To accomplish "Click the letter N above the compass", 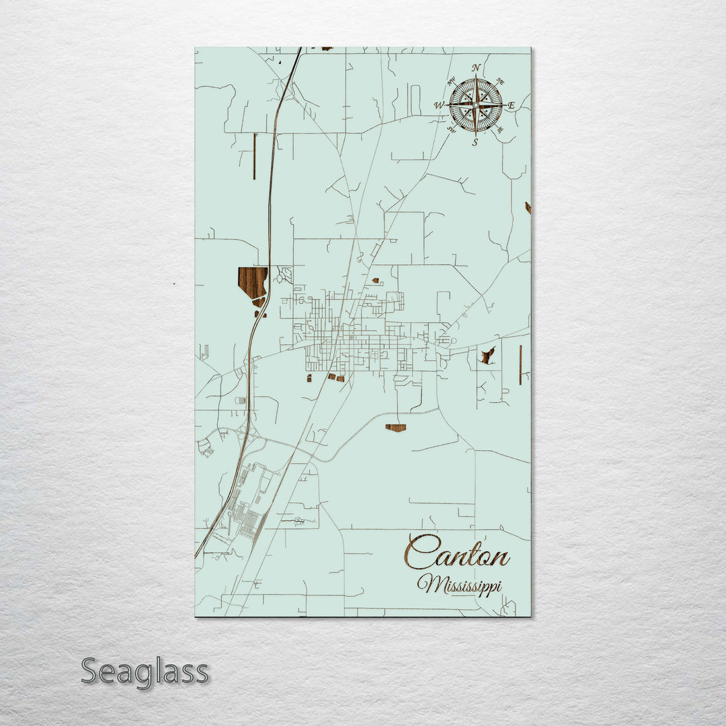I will (x=476, y=68).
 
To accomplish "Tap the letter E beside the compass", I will (x=511, y=106).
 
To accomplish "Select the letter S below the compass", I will (x=475, y=142).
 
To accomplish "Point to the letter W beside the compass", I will (x=439, y=106).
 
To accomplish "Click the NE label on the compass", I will (x=499, y=82).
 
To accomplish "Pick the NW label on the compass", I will (x=452, y=81).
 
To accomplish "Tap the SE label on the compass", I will (x=499, y=130).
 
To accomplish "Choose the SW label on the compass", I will (x=452, y=130).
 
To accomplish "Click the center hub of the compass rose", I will (x=476, y=105).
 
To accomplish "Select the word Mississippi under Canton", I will (x=460, y=583).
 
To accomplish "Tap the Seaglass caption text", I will (x=145, y=672).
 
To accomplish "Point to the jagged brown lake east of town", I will (x=488, y=355).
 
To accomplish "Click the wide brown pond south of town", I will (x=396, y=428).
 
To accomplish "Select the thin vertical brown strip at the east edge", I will (x=520, y=364).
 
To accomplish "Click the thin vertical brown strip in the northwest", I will (x=255, y=156).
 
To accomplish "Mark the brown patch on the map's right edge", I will (x=528, y=208).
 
